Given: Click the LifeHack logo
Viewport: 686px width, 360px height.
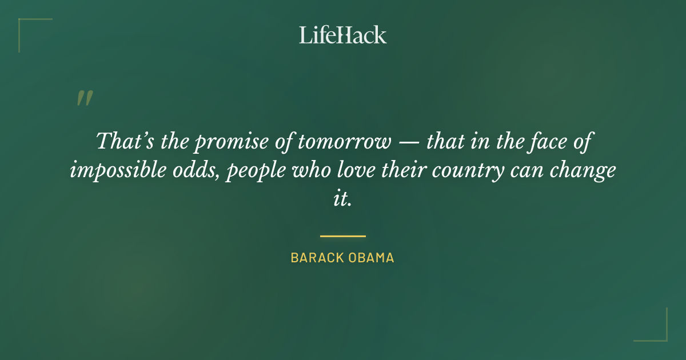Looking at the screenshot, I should [x=342, y=35].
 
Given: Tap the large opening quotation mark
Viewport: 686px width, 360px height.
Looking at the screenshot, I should [x=84, y=99].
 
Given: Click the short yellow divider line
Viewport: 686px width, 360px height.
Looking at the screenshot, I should [x=342, y=235].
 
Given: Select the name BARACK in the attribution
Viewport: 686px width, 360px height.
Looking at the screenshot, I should [x=316, y=258].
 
